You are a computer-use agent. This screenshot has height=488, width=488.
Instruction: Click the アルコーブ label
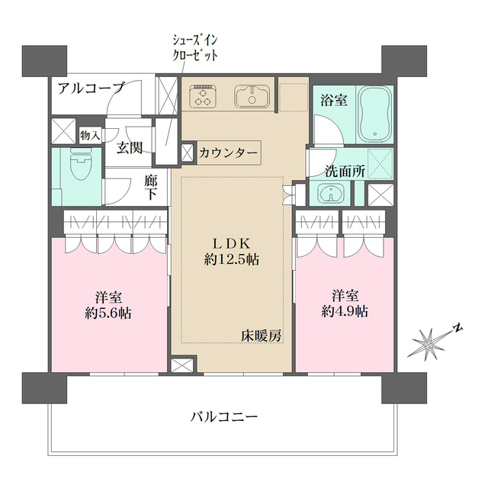(x=91, y=88)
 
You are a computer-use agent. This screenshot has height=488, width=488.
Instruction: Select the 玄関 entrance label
(x=129, y=148)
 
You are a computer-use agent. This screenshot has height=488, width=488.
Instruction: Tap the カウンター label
(x=228, y=152)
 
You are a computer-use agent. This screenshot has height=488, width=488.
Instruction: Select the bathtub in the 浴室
(x=373, y=114)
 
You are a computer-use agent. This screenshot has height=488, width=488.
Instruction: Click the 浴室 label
(x=332, y=99)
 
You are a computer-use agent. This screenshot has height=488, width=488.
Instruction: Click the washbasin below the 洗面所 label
(x=330, y=194)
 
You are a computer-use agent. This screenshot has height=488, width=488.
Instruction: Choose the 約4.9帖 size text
(x=345, y=310)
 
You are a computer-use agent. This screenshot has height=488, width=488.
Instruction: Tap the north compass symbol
(x=432, y=342)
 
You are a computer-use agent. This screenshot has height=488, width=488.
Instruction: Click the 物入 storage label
(x=90, y=135)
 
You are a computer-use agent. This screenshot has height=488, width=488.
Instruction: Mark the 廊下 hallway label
(x=151, y=187)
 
